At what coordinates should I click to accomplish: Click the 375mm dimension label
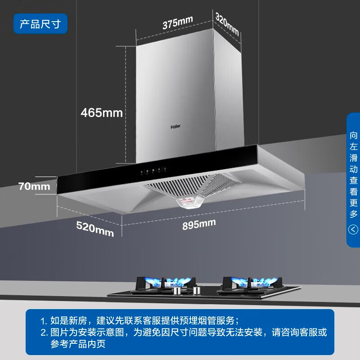pyautogui.click(x=177, y=22)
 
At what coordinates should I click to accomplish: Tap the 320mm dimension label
pyautogui.click(x=227, y=24)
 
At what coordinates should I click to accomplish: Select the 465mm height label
pyautogui.click(x=102, y=113)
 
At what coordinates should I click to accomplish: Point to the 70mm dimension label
pyautogui.click(x=34, y=186)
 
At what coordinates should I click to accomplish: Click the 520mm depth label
pyautogui.click(x=95, y=229)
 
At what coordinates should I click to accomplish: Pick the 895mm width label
pyautogui.click(x=199, y=224)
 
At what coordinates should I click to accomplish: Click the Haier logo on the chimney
pyautogui.click(x=175, y=126)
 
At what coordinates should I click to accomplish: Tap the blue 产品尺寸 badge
pyautogui.click(x=40, y=24)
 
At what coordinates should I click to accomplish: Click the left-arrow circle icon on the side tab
pyautogui.click(x=353, y=229)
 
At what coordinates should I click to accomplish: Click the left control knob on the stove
pyautogui.click(x=177, y=290)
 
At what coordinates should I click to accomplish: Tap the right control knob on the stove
pyautogui.click(x=196, y=290)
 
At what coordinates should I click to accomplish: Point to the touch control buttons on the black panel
pyautogui.click(x=153, y=171)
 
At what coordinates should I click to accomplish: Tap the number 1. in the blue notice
pyautogui.click(x=44, y=321)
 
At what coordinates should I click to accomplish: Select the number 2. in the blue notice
pyautogui.click(x=44, y=333)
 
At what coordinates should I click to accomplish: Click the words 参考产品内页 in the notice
pyautogui.click(x=78, y=344)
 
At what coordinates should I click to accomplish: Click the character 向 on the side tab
pyautogui.click(x=353, y=135)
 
